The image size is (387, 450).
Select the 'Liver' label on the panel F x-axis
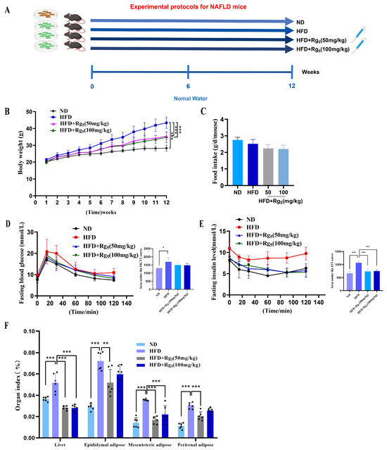[59, 444]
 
